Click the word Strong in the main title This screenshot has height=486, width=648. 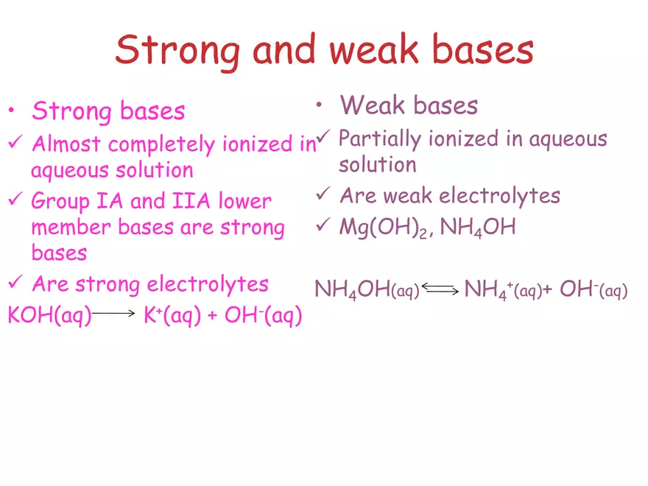(x=177, y=50)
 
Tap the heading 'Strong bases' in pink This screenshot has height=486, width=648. (x=108, y=111)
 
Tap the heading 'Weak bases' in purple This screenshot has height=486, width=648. (x=409, y=105)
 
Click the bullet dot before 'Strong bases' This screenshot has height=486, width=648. (x=11, y=113)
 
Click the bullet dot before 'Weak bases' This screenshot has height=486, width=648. (x=319, y=105)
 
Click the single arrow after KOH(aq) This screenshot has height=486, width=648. (x=115, y=314)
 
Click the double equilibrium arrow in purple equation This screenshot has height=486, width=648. (x=441, y=290)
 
